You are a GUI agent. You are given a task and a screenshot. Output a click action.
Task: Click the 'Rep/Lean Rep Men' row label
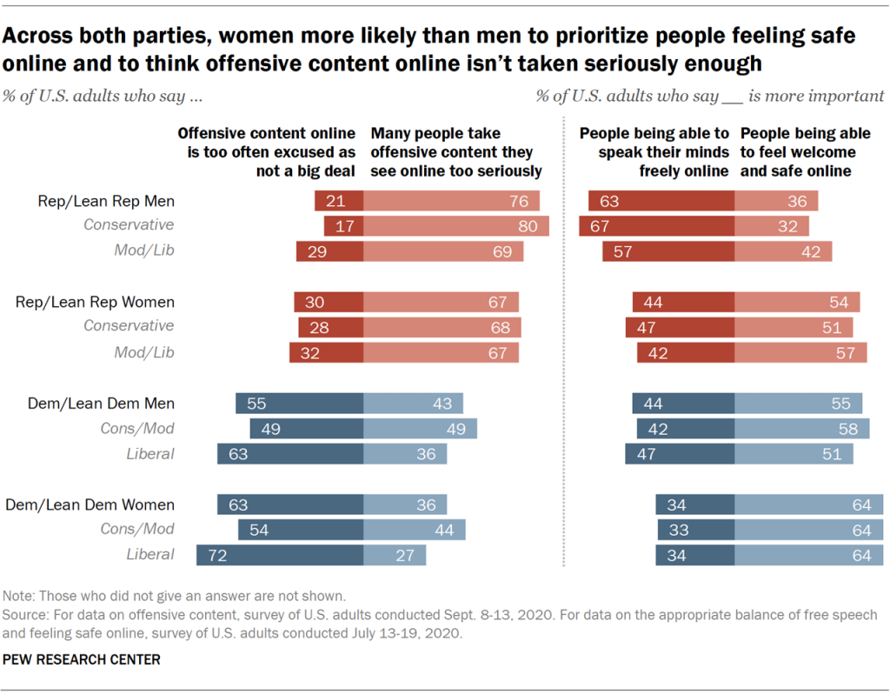tap(106, 201)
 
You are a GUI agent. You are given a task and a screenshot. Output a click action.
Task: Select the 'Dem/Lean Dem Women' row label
tap(90, 505)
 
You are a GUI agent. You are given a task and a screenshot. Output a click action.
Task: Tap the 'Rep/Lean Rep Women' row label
tap(96, 302)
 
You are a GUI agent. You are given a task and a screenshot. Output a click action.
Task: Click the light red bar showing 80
tap(456, 225)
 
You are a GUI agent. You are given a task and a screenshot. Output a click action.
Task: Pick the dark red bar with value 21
tap(339, 201)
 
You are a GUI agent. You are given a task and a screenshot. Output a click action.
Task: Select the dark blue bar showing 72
tap(280, 555)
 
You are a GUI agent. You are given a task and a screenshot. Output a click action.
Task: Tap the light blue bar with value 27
tap(395, 555)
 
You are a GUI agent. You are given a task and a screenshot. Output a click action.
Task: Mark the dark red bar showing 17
tap(343, 225)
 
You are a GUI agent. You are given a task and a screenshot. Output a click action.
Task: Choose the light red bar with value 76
tap(451, 201)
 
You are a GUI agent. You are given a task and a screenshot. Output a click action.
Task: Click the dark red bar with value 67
tap(657, 225)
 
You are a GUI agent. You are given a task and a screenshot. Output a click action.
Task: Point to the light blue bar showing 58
tap(800, 428)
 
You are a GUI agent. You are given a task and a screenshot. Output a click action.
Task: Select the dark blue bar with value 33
tap(696, 529)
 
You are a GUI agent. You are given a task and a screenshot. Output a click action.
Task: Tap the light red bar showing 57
tap(800, 352)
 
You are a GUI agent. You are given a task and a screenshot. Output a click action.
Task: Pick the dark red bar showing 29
tap(329, 251)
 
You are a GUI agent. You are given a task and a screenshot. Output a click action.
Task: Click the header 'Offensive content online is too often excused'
tap(266, 152)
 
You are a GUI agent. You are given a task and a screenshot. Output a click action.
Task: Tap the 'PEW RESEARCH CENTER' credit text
tap(83, 660)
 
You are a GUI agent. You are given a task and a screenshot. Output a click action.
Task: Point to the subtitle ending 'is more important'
tap(710, 96)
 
